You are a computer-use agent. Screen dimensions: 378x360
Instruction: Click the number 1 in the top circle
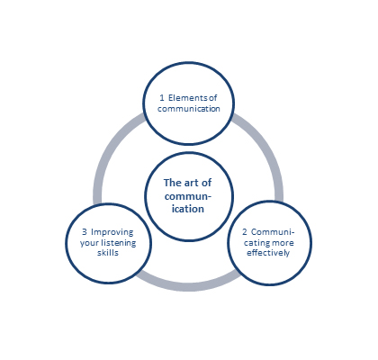(162, 98)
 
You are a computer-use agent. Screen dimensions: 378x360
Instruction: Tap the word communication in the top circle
(189, 109)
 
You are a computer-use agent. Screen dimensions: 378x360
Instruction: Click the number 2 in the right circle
(245, 232)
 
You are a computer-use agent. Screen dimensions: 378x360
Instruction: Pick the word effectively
(268, 253)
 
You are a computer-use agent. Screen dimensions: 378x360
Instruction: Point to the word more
(283, 242)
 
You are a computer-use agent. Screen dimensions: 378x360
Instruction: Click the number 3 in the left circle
(85, 232)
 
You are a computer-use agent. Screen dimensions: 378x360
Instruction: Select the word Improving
(112, 232)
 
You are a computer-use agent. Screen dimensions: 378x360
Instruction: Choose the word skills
(108, 253)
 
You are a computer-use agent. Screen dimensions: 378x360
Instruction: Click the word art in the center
(192, 183)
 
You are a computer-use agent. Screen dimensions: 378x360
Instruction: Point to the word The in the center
(173, 183)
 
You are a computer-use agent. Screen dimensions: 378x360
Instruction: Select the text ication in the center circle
(188, 209)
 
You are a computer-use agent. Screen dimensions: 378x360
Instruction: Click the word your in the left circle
(89, 243)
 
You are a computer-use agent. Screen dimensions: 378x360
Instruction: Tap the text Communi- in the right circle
(273, 232)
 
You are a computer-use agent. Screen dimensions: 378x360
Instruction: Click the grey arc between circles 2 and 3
(188, 286)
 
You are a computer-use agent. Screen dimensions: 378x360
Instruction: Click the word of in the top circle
(212, 98)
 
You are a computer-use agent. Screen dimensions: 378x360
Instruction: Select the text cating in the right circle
(256, 243)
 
